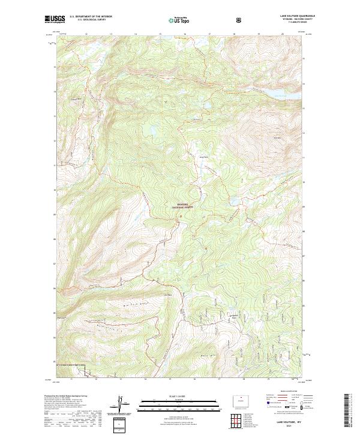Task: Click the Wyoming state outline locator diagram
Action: (x=241, y=400)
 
